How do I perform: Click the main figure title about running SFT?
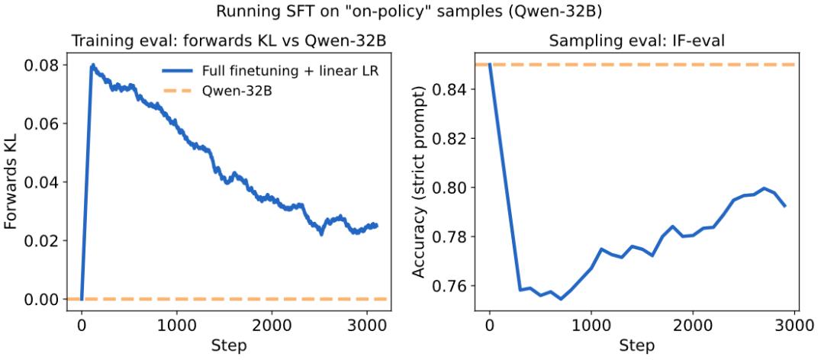tap(411, 12)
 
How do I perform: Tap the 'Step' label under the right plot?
tap(638, 346)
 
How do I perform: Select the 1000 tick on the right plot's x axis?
tap(591, 323)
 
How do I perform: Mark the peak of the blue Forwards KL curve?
tap(92, 66)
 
